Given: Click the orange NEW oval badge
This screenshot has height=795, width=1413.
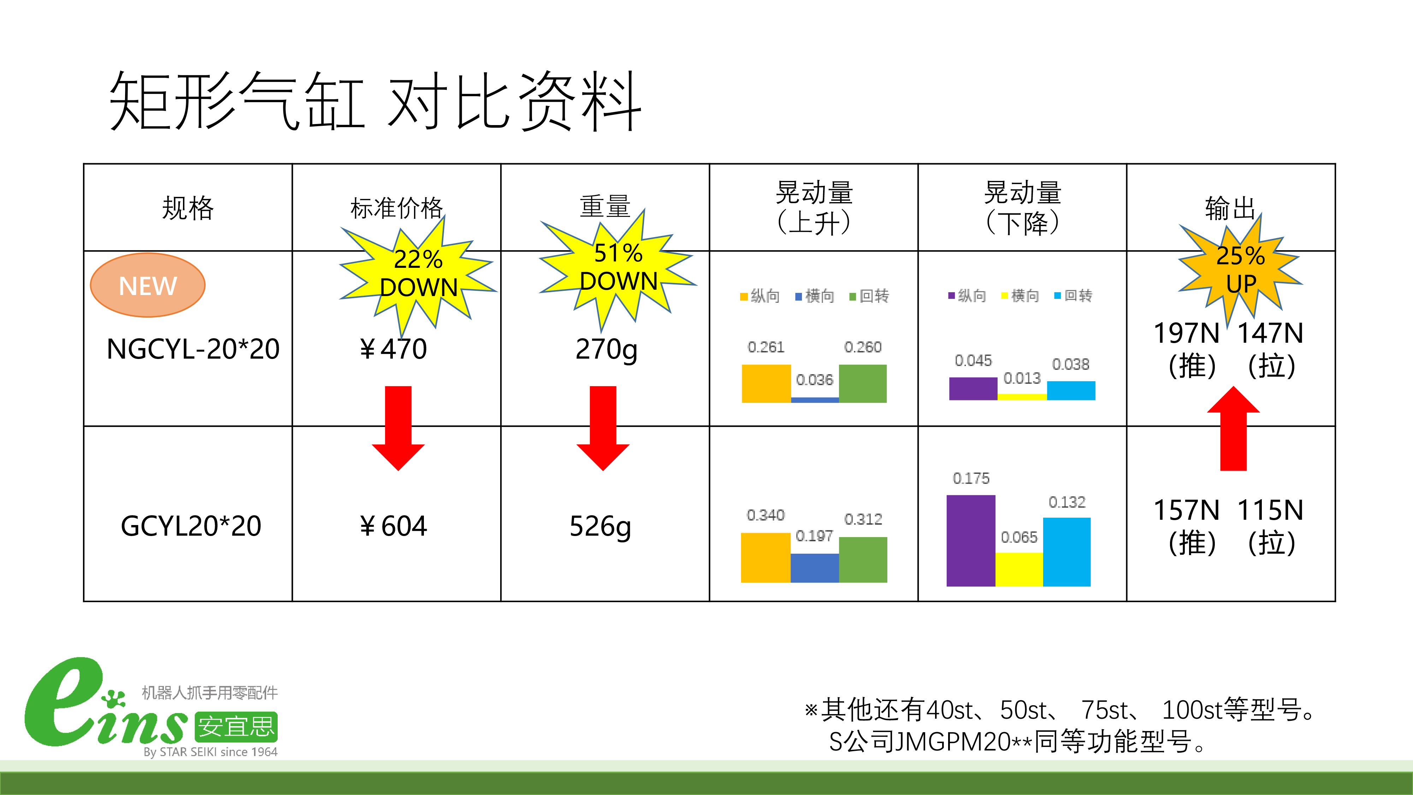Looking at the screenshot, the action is (x=148, y=285).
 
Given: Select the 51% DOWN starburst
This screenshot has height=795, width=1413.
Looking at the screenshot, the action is (x=618, y=269).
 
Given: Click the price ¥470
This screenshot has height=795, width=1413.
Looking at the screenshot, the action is (x=393, y=349).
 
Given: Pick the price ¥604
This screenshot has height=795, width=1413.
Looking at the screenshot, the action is (x=393, y=526).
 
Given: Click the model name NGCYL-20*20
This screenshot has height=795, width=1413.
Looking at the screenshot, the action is (x=193, y=349).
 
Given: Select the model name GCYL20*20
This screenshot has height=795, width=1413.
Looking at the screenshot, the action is (x=191, y=526).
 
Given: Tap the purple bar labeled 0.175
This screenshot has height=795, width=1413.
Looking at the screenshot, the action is (x=970, y=541).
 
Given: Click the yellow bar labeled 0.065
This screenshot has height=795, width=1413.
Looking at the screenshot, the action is (x=1019, y=570).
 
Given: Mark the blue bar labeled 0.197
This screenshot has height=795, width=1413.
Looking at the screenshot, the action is (x=815, y=568).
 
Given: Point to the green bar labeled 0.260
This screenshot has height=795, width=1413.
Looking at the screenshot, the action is (x=863, y=383).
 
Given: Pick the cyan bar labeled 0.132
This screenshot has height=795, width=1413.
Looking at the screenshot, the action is (x=1067, y=552).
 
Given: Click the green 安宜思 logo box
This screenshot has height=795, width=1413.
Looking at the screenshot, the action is (x=236, y=726).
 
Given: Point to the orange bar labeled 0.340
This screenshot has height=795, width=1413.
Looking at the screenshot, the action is (x=766, y=558).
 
